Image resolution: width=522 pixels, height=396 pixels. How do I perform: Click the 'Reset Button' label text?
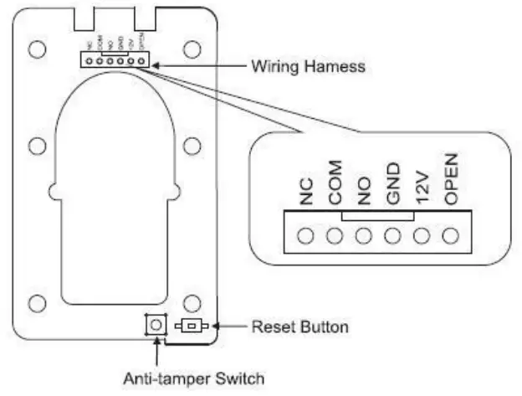(299, 326)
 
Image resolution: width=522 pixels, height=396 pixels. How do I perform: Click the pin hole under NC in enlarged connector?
(305, 235)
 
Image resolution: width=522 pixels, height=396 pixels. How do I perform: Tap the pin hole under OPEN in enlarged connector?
(452, 235)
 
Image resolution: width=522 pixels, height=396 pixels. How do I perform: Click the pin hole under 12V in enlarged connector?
(422, 235)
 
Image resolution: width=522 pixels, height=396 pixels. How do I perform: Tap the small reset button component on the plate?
(192, 326)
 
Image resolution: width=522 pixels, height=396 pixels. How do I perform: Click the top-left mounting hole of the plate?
(36, 49)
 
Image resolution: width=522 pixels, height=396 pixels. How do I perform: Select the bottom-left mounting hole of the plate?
(36, 302)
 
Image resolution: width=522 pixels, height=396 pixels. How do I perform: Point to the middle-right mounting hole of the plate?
(192, 146)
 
